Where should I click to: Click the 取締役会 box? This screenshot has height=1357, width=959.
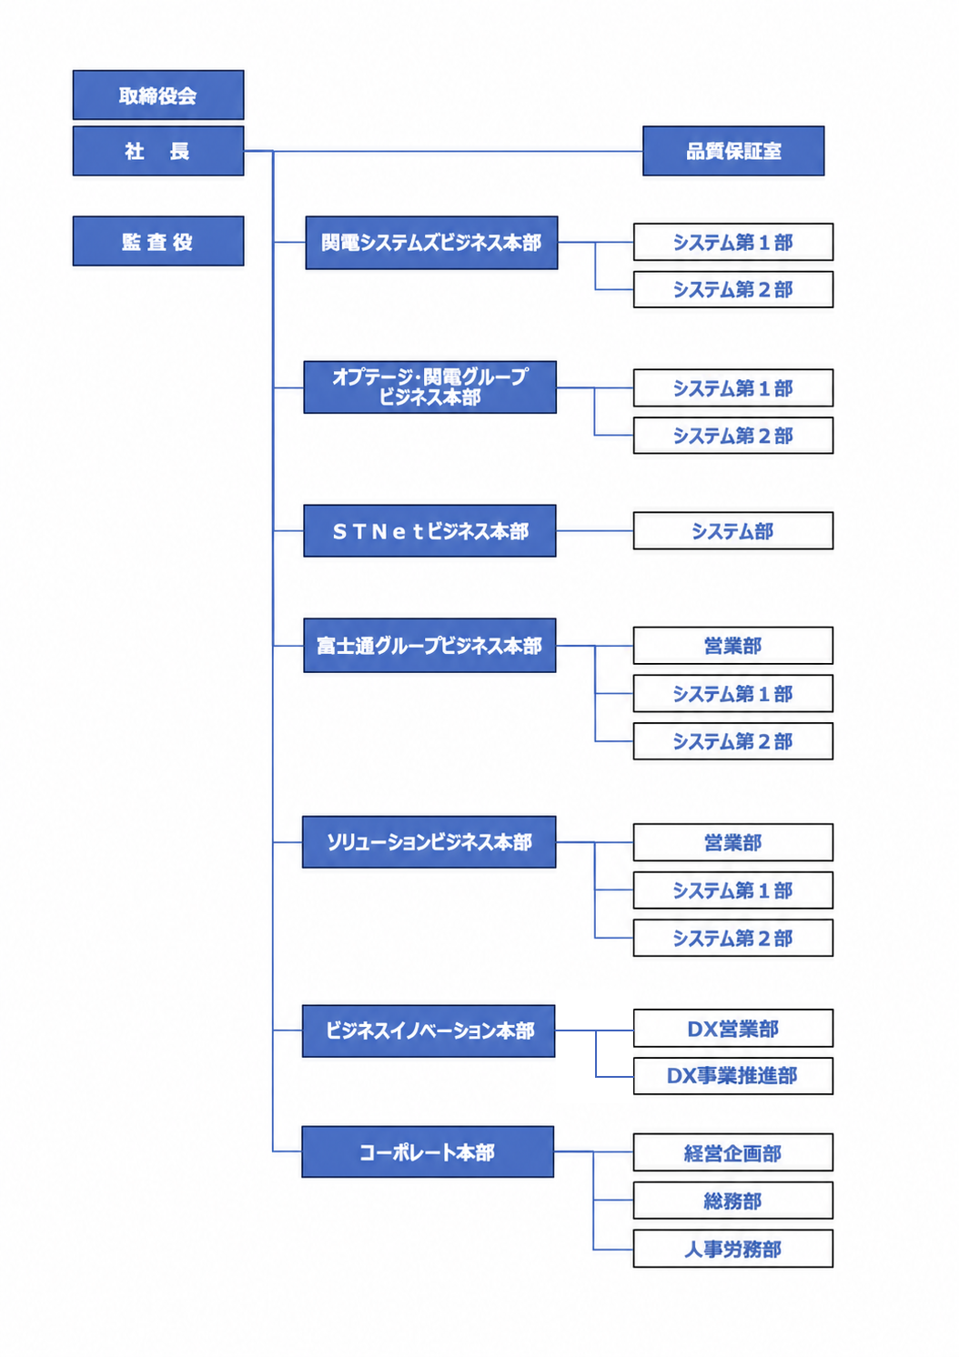158,95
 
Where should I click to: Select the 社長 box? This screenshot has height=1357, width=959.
158,151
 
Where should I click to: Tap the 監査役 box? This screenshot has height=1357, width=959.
158,241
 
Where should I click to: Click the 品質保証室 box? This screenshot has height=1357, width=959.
733,151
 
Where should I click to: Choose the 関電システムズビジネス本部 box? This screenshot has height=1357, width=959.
431,243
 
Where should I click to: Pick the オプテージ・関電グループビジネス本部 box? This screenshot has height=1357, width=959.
429,387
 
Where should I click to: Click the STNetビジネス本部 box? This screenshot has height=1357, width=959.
429,530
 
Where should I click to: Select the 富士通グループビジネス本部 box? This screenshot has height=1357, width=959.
429,645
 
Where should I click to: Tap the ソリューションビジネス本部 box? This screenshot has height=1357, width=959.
429,842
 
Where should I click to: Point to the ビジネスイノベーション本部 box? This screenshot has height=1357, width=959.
429,1031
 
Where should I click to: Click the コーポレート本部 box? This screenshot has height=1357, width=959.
428,1152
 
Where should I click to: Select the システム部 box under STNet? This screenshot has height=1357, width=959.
733,530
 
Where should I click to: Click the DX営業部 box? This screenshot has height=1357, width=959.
733,1028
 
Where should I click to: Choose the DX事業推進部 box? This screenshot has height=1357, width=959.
733,1076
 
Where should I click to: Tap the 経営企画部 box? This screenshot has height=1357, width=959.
733,1152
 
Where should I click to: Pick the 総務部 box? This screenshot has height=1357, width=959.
733,1200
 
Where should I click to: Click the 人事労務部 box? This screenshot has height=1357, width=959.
733,1249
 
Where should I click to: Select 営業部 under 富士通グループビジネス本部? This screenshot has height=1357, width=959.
733,646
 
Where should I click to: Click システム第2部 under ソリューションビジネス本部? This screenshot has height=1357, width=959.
733,938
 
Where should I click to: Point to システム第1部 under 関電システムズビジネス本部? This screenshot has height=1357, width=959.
733,242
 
